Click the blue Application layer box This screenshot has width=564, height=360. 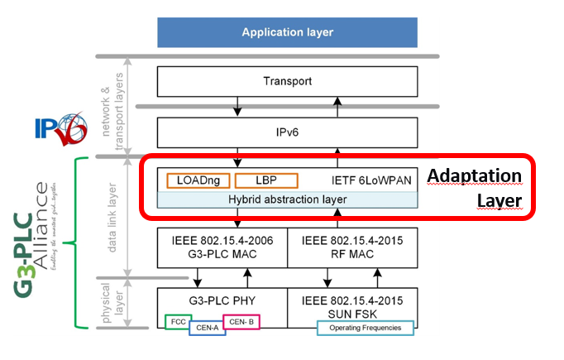click(x=288, y=32)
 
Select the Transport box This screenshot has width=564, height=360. click(x=288, y=82)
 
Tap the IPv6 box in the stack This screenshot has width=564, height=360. click(x=288, y=132)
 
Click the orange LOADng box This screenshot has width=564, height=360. click(x=198, y=180)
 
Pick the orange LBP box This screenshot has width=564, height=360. click(x=265, y=180)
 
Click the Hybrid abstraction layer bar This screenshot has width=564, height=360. click(x=288, y=199)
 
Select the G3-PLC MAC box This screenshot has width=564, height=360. click(x=222, y=247)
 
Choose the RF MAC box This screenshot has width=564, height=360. click(x=352, y=247)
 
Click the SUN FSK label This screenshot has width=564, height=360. click(x=352, y=302)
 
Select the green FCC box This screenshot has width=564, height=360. click(x=179, y=320)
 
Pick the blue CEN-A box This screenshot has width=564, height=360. click(x=208, y=328)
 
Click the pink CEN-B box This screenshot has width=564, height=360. click(x=241, y=320)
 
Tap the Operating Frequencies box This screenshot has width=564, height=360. click(x=363, y=328)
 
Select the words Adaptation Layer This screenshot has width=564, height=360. click(x=475, y=189)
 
